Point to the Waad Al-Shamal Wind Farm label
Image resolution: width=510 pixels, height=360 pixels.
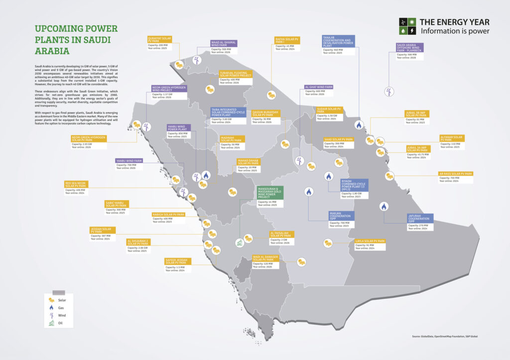(224, 43)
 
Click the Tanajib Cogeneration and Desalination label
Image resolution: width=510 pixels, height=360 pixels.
(338, 41)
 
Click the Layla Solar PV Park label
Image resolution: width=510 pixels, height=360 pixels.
(370, 241)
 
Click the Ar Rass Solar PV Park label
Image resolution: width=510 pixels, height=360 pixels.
(455, 174)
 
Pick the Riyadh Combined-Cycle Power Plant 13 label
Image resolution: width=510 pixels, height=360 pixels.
(354, 185)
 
